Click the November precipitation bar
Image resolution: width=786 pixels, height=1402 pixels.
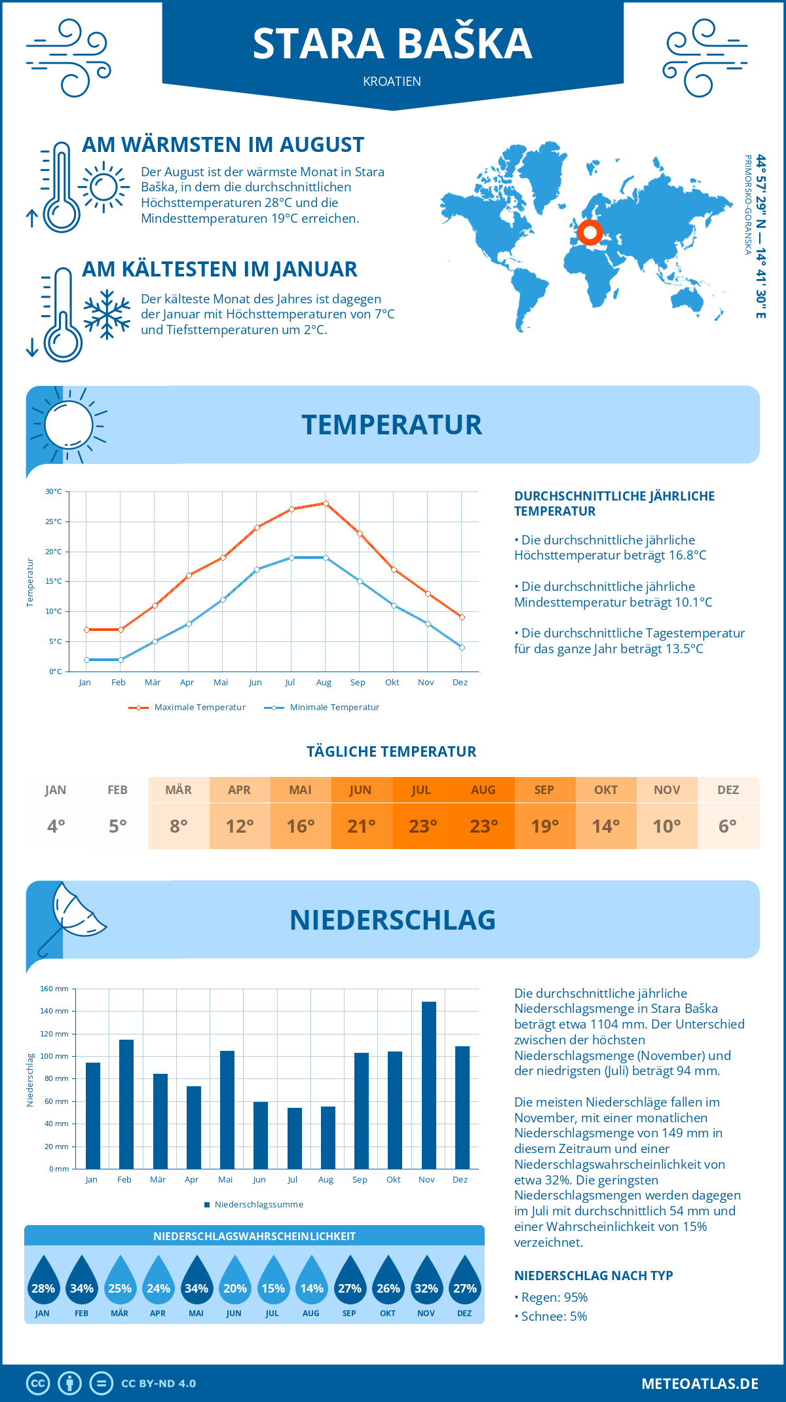428,1085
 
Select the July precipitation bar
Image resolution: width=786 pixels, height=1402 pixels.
295,1138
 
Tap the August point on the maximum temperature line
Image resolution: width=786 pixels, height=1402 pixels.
326,503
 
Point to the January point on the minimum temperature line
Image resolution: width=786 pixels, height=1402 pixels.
86,660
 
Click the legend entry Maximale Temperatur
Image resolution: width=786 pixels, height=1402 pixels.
187,708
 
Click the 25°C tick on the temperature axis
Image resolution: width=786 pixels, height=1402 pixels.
54,521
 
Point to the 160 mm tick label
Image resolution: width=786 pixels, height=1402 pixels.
54,989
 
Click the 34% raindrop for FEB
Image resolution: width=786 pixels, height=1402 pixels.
82,1280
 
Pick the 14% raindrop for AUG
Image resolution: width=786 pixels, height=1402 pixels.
312,1280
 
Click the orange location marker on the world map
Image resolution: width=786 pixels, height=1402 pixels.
589,232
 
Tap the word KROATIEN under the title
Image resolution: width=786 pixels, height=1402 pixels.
392,81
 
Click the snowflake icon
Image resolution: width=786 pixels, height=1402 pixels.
107,314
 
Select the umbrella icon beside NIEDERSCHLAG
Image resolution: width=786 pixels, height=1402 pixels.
72,917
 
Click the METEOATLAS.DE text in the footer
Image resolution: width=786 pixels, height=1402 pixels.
700,1384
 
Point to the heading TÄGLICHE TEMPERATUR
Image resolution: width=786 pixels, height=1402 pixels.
392,751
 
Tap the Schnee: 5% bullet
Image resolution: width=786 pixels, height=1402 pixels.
551,1316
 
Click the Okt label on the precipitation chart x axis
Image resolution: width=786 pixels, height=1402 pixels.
393,1179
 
